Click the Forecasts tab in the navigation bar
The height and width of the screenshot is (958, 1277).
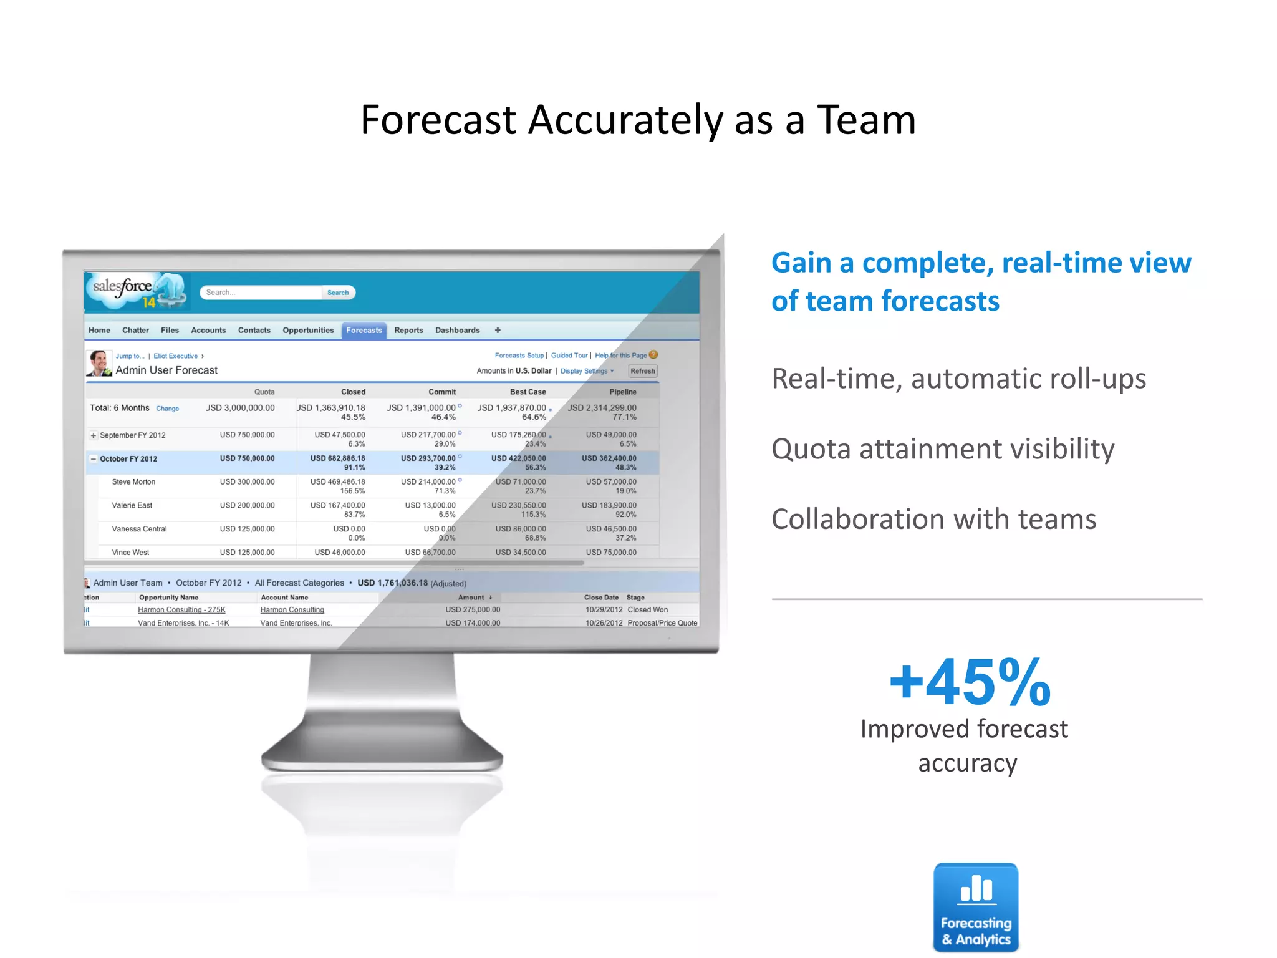[364, 331]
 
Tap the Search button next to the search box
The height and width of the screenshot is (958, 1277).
[338, 293]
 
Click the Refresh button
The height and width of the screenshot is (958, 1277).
[642, 371]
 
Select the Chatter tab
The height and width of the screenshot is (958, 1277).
[135, 331]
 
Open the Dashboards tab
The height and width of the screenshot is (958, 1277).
[457, 331]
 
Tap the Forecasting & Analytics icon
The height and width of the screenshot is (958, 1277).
[976, 907]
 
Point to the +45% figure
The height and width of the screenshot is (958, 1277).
[970, 683]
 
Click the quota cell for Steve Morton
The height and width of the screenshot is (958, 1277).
[247, 482]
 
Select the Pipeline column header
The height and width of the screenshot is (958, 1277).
[622, 392]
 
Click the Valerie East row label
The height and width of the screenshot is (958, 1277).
[132, 506]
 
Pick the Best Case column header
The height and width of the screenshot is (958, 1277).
[528, 392]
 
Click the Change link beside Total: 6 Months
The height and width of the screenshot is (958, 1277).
[167, 409]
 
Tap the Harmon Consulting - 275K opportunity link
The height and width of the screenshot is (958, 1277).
[181, 610]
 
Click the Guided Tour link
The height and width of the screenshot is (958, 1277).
[569, 356]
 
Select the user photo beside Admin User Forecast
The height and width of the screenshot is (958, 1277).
[99, 363]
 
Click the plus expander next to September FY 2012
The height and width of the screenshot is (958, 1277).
[94, 435]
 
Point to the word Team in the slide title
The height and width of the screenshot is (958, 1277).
[866, 120]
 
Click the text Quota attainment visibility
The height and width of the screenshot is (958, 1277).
[943, 449]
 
